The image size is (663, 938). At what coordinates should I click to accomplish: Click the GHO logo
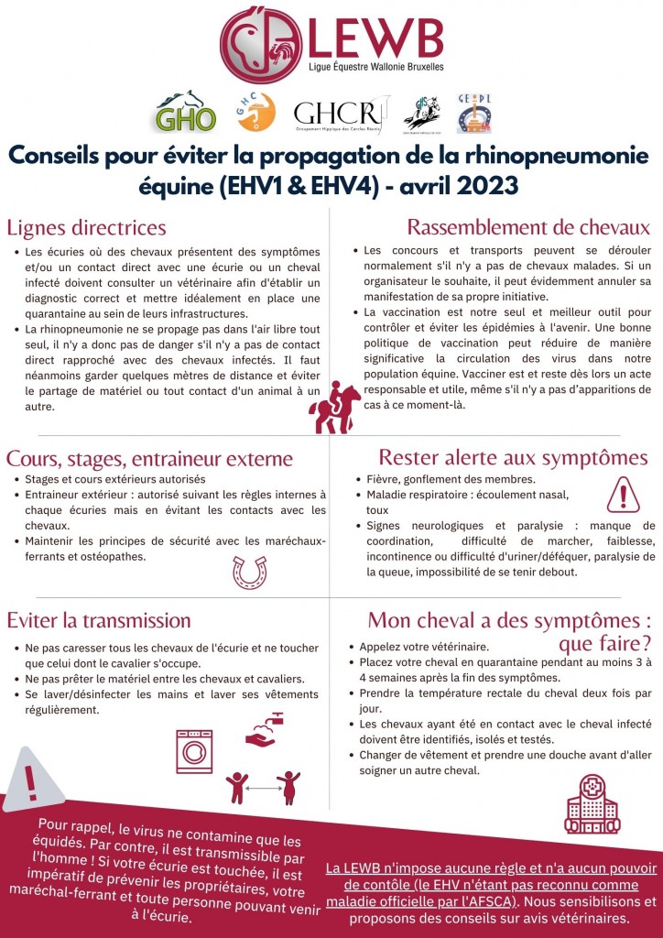tap(186, 112)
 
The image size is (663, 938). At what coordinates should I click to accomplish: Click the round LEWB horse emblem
tap(261, 46)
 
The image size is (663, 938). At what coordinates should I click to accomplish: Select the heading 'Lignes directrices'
tap(86, 227)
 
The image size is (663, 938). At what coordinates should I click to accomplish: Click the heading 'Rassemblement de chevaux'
tap(528, 227)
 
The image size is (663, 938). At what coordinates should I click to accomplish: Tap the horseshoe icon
tap(249, 571)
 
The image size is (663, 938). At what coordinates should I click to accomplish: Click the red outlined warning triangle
tap(623, 496)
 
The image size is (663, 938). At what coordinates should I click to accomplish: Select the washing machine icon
tap(195, 751)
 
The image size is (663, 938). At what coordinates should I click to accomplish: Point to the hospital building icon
tap(592, 803)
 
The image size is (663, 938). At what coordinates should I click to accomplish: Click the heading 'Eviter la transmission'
tap(98, 621)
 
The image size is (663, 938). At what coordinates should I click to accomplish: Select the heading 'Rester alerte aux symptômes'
tap(513, 457)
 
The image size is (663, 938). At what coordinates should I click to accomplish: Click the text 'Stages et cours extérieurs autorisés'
tap(115, 479)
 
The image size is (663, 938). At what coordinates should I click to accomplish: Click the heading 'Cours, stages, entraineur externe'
tap(149, 458)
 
